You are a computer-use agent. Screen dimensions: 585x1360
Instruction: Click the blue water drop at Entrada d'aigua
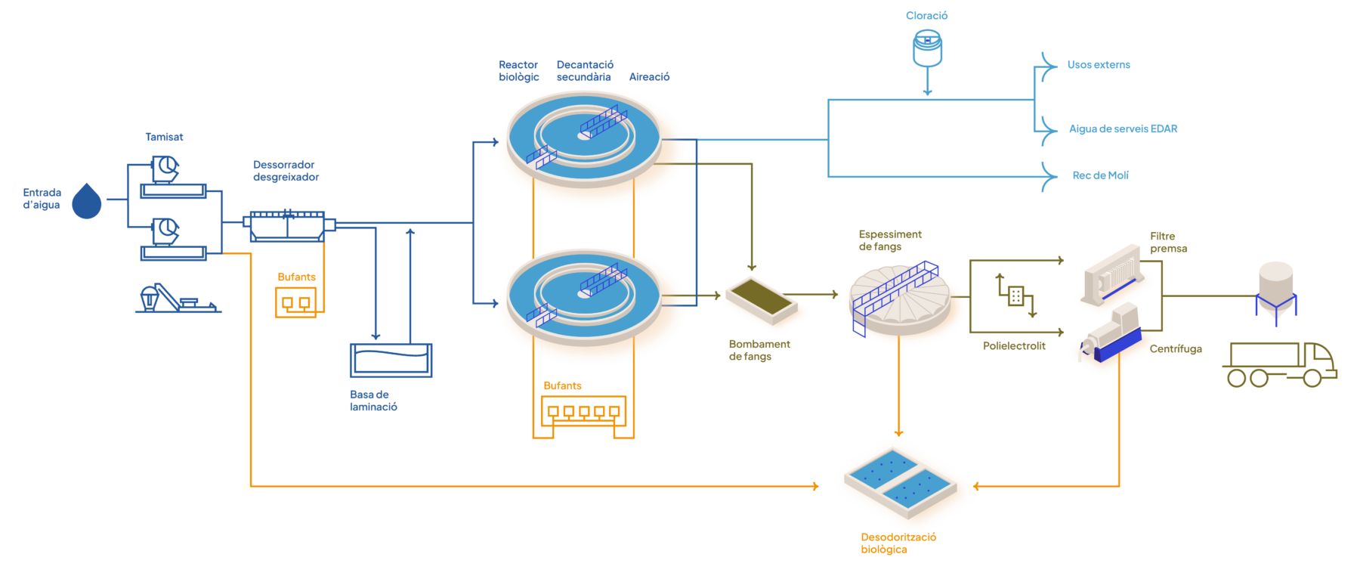click(x=87, y=202)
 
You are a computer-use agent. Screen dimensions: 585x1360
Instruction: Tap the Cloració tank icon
click(x=927, y=48)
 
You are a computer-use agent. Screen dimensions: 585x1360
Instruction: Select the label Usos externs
click(x=1098, y=65)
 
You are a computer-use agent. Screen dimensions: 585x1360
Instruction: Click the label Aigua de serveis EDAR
click(x=1123, y=129)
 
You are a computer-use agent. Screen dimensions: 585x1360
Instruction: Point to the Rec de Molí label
click(x=1100, y=175)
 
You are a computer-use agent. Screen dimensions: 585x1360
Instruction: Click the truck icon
click(x=1279, y=364)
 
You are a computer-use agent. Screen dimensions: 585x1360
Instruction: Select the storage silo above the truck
click(x=1276, y=291)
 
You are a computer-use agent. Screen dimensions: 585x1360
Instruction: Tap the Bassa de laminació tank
click(x=391, y=360)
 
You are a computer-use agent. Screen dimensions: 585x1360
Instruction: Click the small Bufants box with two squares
click(x=295, y=302)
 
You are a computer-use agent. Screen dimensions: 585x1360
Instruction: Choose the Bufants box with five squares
click(x=583, y=411)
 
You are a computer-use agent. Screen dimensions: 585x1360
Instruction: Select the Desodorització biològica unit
click(x=904, y=481)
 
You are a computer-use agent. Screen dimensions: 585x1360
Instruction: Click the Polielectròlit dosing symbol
click(x=1016, y=296)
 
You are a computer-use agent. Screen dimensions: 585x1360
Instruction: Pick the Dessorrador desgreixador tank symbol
click(x=288, y=225)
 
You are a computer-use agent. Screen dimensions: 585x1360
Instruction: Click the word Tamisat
click(x=164, y=138)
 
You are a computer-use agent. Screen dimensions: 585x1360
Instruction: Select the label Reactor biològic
click(x=518, y=71)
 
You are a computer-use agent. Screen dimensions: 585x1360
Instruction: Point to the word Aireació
click(x=649, y=77)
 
